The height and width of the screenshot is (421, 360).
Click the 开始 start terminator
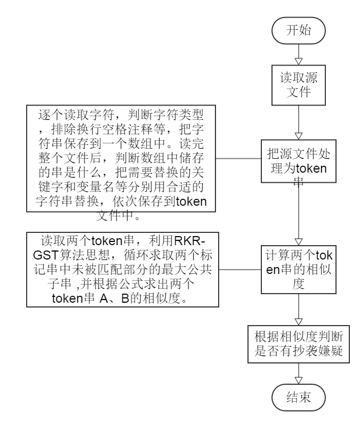(x=299, y=30)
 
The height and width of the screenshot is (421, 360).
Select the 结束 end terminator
(x=299, y=398)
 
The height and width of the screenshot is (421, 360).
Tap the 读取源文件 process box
(x=299, y=85)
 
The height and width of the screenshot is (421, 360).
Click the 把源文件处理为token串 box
(x=299, y=161)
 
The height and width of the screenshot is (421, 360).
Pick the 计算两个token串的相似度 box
(x=299, y=269)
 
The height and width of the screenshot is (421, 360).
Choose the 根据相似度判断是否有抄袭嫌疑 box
(x=299, y=344)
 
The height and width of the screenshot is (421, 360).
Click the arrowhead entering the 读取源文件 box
(x=299, y=61)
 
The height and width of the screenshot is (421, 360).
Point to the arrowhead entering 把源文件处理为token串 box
(x=299, y=136)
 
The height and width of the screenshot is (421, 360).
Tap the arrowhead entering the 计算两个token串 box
(x=299, y=241)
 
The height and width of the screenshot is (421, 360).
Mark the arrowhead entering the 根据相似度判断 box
(x=299, y=322)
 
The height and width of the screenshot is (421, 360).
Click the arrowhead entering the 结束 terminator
(x=299, y=380)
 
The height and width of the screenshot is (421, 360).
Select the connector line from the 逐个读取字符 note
(x=238, y=158)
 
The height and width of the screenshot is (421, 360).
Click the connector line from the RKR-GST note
(x=240, y=269)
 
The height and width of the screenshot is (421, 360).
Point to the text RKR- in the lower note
(x=190, y=241)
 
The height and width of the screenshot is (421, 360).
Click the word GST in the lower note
(x=46, y=255)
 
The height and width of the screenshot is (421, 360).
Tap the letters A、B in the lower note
(x=114, y=298)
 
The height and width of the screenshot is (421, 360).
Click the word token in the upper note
(x=191, y=201)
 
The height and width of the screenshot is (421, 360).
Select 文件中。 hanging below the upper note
(x=118, y=216)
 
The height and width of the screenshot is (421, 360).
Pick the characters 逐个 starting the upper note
(x=51, y=115)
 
